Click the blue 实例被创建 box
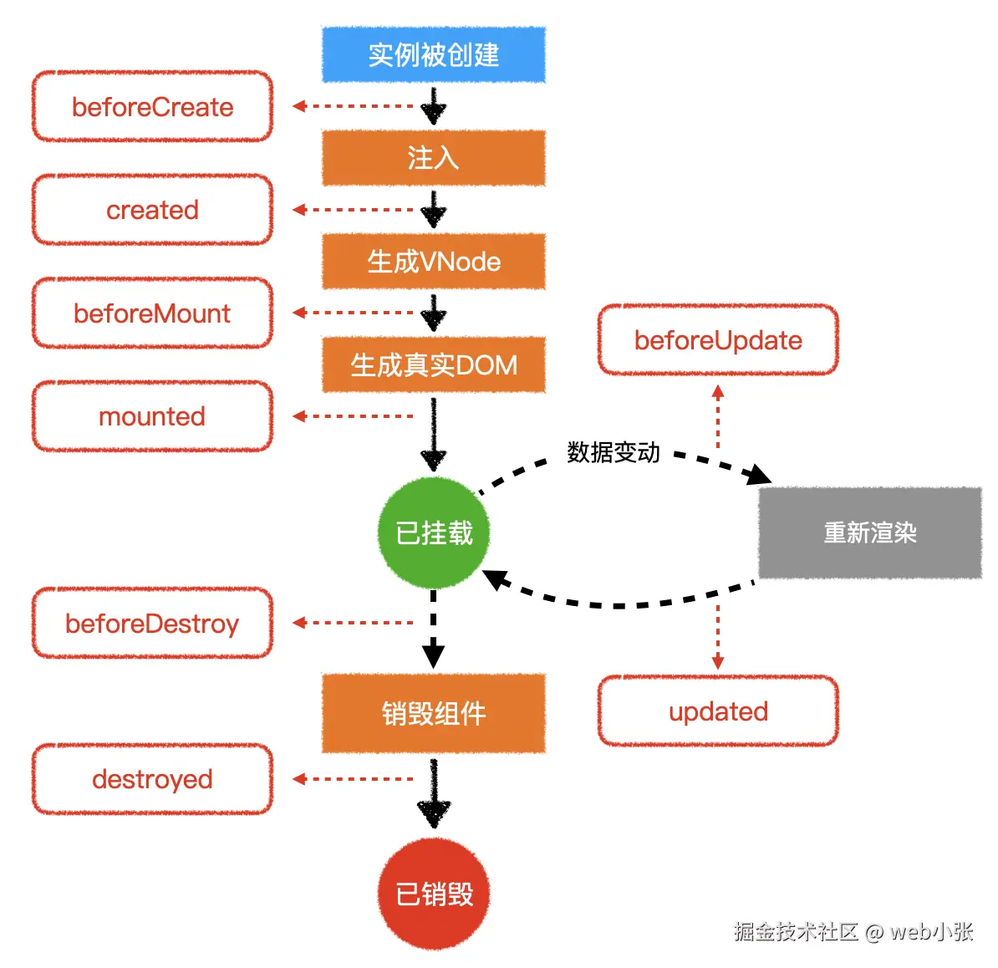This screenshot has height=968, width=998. pos(433,55)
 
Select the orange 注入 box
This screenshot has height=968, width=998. pos(433,158)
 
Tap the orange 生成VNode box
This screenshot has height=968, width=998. pos(433,262)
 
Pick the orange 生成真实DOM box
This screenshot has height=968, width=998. pos(433,365)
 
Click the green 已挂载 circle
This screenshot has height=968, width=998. pos(433,532)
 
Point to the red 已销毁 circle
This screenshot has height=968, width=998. pos(433,894)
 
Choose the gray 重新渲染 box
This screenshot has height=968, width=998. pos(869,532)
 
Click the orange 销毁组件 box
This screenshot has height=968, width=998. pos(433,713)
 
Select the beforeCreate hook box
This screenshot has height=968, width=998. pos(152,107)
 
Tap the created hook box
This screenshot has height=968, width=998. pos(152,210)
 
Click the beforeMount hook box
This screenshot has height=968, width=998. pos(152,313)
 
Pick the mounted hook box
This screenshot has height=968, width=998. pos(152,416)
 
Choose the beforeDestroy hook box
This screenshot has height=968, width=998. pos(152,624)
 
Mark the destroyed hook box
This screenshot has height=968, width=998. pos(152,779)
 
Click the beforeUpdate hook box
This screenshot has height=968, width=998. pos(718,340)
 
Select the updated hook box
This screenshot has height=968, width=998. pos(718,711)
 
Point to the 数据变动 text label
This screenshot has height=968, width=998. pos(614,452)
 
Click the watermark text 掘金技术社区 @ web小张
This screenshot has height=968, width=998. pos(853,931)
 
